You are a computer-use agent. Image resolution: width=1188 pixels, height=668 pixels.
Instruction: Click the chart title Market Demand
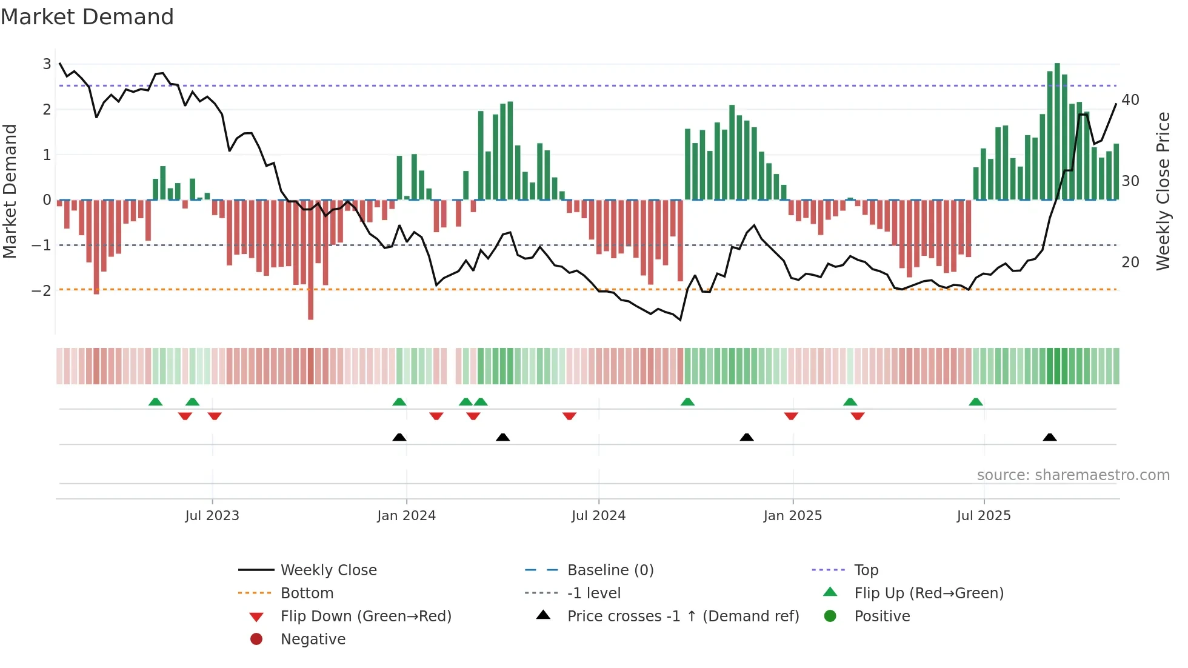click(x=87, y=17)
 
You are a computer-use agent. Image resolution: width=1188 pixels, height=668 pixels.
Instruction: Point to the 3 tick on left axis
click(x=47, y=64)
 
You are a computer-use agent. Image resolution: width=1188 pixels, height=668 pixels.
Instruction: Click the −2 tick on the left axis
click(x=42, y=290)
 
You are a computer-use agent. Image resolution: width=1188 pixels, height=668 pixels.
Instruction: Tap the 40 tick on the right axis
click(x=1130, y=100)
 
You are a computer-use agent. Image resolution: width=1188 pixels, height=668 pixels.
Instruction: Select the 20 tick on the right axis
click(x=1130, y=262)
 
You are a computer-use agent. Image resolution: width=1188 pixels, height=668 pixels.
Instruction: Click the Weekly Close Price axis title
click(x=1163, y=191)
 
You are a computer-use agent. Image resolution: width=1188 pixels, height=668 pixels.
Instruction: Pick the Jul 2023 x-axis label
click(x=212, y=516)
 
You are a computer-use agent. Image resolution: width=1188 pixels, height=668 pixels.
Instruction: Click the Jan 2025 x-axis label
click(x=792, y=516)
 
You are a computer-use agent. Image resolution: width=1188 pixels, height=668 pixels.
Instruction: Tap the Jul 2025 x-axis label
click(x=984, y=516)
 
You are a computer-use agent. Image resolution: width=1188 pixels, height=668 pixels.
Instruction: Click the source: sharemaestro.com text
click(x=1073, y=475)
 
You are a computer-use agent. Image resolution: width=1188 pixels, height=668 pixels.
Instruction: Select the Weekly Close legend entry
click(x=329, y=570)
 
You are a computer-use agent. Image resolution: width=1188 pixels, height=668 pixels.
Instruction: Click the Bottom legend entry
click(x=307, y=593)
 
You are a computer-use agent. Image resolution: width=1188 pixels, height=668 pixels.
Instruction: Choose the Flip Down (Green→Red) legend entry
click(x=365, y=616)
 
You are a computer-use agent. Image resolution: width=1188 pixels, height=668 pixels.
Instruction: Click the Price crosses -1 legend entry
click(x=682, y=616)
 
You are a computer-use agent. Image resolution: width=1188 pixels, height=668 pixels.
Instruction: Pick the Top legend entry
click(x=866, y=570)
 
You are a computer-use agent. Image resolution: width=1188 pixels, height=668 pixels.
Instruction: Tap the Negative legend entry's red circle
click(x=256, y=640)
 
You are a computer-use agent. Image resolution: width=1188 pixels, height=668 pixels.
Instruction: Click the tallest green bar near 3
click(x=1057, y=130)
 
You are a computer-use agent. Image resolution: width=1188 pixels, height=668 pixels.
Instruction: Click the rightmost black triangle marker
click(x=1050, y=437)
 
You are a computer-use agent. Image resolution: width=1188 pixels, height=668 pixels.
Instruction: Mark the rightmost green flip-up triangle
click(x=976, y=402)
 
